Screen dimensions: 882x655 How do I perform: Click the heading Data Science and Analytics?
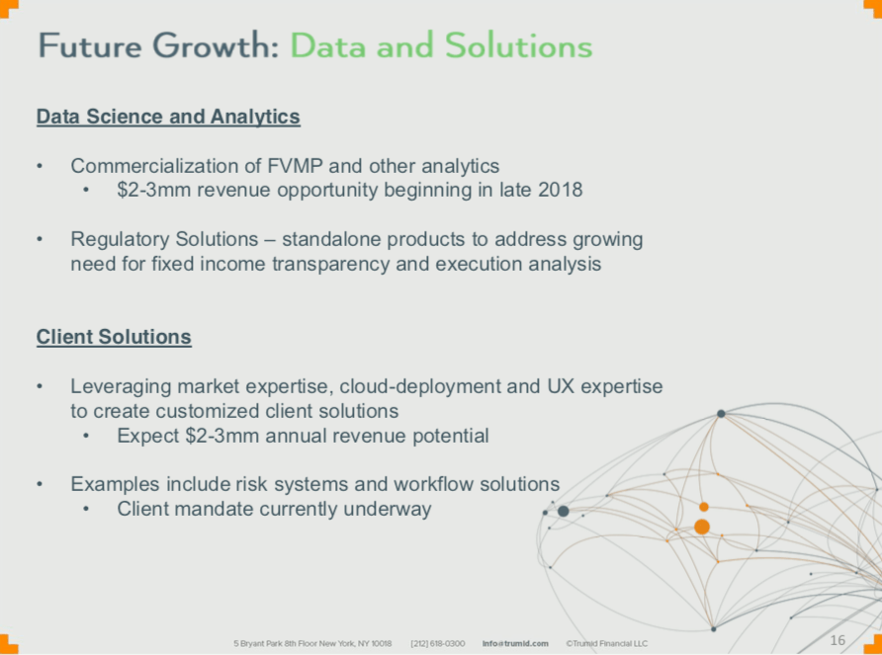pos(168,117)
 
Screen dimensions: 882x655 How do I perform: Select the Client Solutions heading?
pos(114,337)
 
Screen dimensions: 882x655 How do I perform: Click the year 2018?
pos(561,190)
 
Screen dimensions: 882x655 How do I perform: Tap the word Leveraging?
pos(121,387)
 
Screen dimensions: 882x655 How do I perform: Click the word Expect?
pos(148,437)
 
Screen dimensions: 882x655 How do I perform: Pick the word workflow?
pos(433,484)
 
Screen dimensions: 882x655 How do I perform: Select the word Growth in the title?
pos(216,45)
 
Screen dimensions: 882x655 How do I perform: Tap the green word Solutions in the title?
pos(519,45)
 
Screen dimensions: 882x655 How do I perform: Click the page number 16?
pos(838,640)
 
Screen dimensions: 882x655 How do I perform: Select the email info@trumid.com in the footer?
pos(515,644)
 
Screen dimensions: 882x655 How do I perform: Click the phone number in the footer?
pos(438,644)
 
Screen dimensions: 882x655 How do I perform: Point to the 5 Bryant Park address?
pos(312,644)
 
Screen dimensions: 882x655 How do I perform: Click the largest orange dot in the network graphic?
pos(702,527)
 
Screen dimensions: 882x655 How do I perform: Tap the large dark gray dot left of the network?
pos(563,511)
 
